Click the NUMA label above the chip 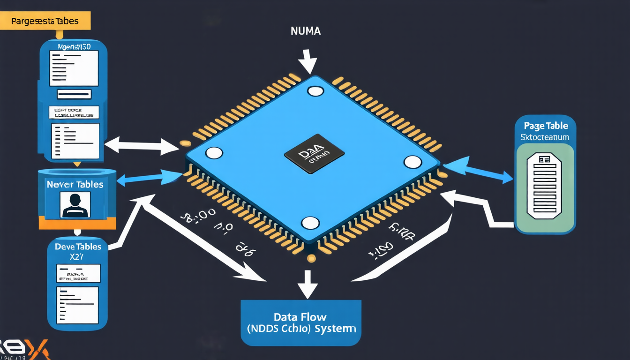tap(305, 32)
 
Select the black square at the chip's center tap(314, 154)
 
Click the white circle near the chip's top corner tap(315, 91)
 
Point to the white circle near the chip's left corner tap(214, 153)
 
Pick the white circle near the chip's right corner tap(412, 162)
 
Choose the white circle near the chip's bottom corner tap(310, 223)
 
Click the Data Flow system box tap(301, 322)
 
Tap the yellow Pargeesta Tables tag tap(45, 21)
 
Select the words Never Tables tap(75, 184)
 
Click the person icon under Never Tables tap(75, 205)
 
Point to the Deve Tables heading tap(78, 247)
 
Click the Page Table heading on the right tap(545, 126)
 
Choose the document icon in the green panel tap(545, 186)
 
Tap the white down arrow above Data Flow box tap(307, 284)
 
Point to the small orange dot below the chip tap(311, 258)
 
